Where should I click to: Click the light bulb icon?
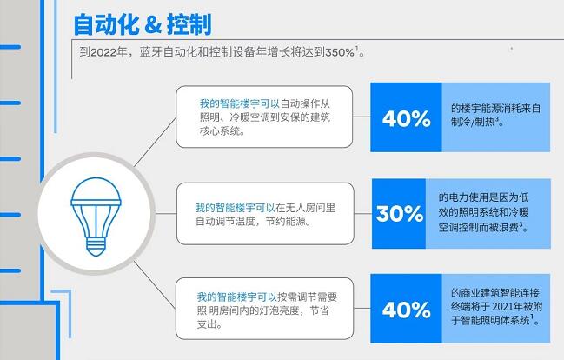(96, 217)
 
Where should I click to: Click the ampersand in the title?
(152, 24)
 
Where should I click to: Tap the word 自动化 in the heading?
(106, 24)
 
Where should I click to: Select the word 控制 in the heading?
(189, 24)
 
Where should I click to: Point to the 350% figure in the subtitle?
(340, 52)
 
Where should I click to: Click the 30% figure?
(400, 214)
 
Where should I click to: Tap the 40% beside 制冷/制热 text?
(406, 118)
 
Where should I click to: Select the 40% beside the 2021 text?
(406, 310)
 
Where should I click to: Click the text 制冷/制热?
(473, 122)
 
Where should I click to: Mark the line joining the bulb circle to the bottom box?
(155, 284)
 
